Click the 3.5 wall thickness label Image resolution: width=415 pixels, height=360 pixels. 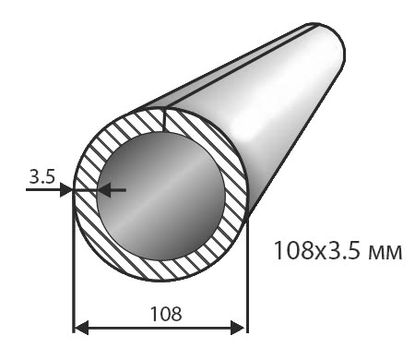click(x=41, y=177)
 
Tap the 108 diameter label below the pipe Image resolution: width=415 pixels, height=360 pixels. click(x=166, y=314)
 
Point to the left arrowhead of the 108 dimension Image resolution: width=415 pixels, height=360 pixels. click(x=82, y=328)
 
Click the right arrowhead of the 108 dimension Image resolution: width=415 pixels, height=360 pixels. click(x=238, y=328)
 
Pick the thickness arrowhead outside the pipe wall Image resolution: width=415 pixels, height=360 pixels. click(x=66, y=190)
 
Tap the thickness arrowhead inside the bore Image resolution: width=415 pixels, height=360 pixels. click(x=104, y=190)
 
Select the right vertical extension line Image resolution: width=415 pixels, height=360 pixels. click(x=247, y=274)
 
